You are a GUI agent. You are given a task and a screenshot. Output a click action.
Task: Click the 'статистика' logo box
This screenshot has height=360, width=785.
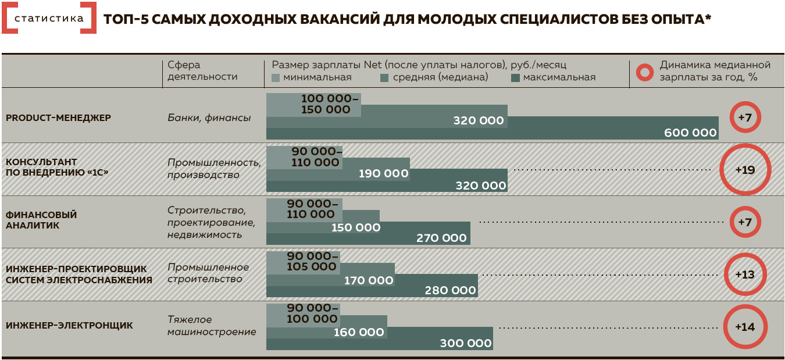(x=48, y=18)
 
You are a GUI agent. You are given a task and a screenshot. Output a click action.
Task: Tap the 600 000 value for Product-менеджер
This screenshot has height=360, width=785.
(x=690, y=133)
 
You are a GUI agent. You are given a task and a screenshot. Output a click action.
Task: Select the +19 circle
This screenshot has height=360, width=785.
(x=745, y=170)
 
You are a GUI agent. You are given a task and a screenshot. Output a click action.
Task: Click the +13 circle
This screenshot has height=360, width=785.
(x=745, y=275)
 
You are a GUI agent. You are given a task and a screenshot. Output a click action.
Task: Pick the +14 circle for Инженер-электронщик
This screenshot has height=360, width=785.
(x=745, y=327)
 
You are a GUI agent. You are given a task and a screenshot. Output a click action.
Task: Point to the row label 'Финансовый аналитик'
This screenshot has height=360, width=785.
(x=41, y=220)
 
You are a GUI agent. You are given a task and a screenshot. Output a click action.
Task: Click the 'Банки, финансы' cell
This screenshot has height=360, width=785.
(x=209, y=118)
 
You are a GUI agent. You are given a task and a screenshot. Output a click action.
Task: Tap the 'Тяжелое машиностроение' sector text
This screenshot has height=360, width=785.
(x=212, y=326)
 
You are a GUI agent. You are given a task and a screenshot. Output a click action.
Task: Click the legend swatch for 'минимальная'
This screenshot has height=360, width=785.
(x=276, y=77)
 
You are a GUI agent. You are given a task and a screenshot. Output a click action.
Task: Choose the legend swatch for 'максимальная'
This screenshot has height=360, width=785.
(x=515, y=77)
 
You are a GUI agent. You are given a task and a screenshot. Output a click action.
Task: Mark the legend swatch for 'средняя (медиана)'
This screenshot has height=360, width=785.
(x=384, y=77)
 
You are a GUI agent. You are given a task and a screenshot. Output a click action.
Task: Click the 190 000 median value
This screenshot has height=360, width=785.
(x=383, y=174)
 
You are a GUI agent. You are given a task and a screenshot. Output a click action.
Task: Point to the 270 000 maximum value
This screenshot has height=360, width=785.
(x=441, y=238)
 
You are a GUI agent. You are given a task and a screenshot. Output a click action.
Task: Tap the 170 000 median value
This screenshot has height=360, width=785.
(x=369, y=280)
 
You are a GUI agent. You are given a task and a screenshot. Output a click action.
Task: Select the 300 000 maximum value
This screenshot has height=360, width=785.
(x=466, y=343)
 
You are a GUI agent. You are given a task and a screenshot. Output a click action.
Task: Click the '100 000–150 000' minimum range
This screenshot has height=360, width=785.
(x=326, y=104)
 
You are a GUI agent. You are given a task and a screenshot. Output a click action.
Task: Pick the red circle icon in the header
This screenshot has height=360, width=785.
(x=644, y=71)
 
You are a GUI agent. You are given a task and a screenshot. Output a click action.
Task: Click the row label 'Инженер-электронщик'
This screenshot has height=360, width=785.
(x=69, y=326)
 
